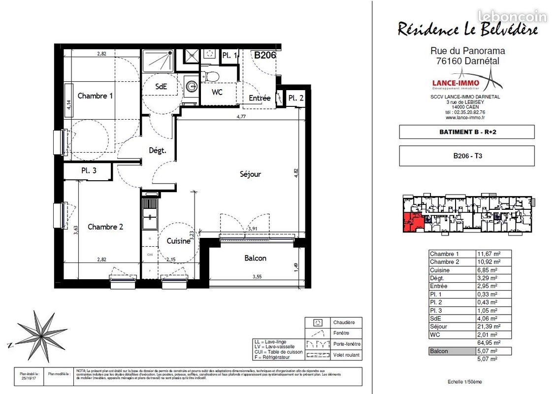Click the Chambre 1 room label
click(95, 96)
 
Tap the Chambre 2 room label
click(105, 227)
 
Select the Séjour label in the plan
click(250, 174)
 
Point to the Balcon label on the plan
click(255, 258)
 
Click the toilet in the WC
click(212, 76)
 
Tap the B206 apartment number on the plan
click(264, 55)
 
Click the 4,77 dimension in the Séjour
click(241, 117)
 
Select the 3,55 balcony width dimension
click(257, 277)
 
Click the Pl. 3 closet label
click(89, 171)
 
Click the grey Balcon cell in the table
click(451, 351)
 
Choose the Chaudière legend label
click(344, 323)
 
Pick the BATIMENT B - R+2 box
click(466, 132)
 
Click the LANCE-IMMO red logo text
click(455, 83)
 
